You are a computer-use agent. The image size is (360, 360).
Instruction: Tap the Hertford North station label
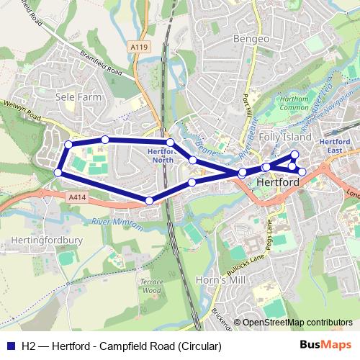pyautogui.click(x=160, y=156)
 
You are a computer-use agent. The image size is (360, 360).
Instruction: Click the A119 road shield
pyautogui.click(x=140, y=47)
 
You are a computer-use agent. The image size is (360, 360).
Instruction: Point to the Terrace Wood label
pyautogui.click(x=151, y=286)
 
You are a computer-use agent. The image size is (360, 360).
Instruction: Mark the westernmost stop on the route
pyautogui.click(x=58, y=172)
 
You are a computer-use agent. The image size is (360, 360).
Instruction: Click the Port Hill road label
pyautogui.click(x=248, y=104)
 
